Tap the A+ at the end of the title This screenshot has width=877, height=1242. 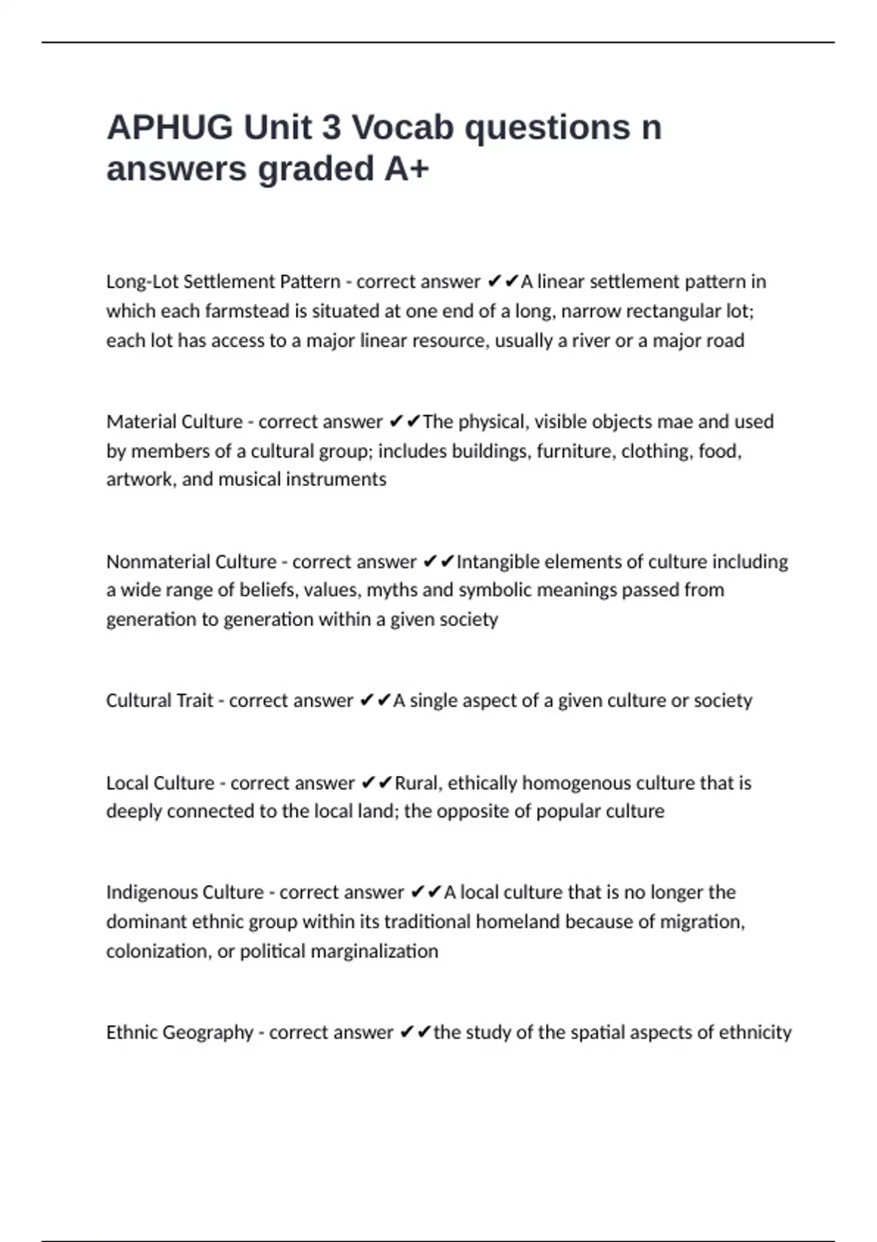coord(406,169)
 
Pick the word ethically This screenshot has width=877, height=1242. coord(482,783)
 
